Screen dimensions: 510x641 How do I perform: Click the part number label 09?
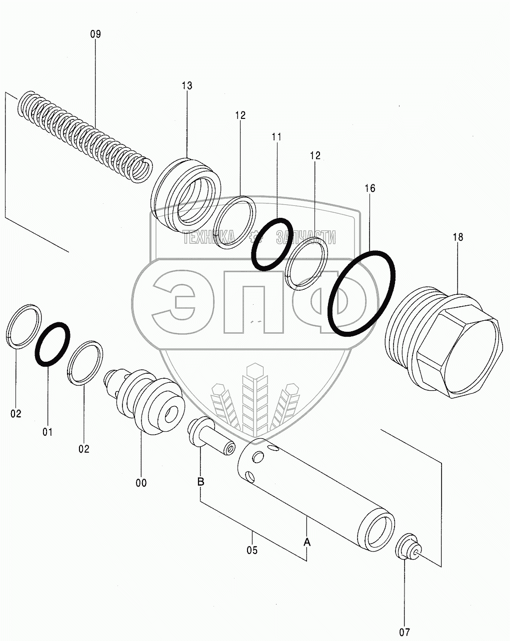[95, 34]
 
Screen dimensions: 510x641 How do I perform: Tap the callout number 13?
[187, 86]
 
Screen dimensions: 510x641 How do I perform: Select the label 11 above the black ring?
[276, 137]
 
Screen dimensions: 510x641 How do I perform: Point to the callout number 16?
[369, 188]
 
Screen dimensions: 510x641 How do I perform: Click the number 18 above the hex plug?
[458, 237]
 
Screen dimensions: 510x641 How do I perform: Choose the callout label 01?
[47, 432]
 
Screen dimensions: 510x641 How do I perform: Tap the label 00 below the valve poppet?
[141, 483]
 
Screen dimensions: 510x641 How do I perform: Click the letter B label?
[201, 482]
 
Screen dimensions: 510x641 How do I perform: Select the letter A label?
[306, 543]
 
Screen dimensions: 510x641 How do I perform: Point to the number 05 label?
[252, 551]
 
